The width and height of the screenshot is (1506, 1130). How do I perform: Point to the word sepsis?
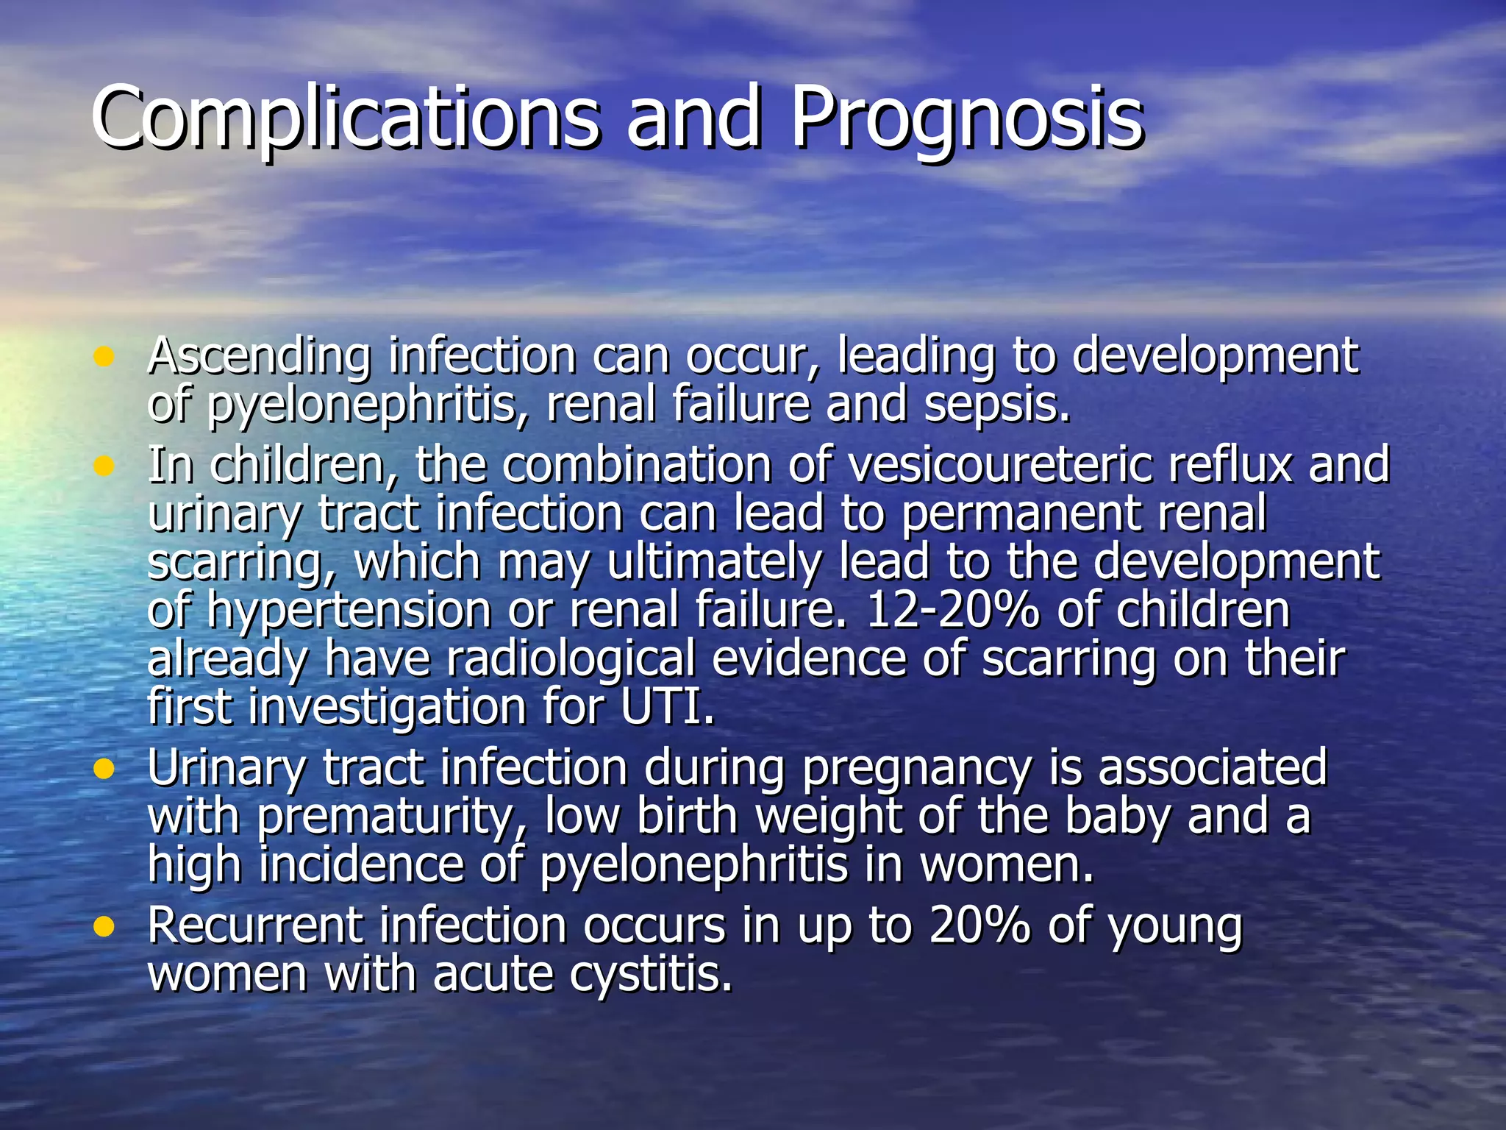[996, 405]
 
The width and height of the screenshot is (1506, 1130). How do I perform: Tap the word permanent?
[1021, 514]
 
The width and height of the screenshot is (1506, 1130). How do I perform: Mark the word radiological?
[571, 658]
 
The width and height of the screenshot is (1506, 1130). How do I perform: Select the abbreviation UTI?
[667, 707]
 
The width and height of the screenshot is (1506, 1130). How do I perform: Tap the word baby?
[1118, 817]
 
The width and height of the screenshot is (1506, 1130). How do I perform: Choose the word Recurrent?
[255, 925]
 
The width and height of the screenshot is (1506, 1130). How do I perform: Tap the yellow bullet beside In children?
[104, 466]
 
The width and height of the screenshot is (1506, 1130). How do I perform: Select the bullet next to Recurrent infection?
[104, 926]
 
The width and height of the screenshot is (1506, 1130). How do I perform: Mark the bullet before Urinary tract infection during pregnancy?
[104, 769]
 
